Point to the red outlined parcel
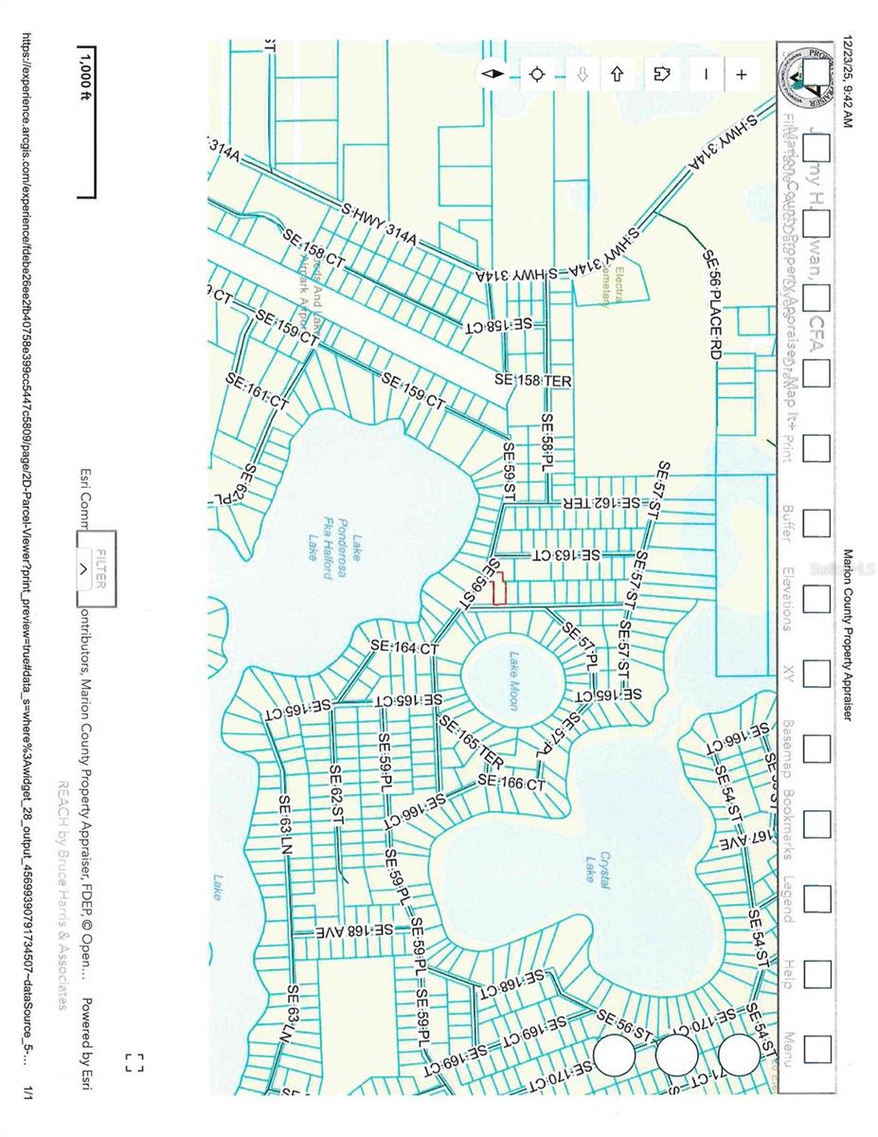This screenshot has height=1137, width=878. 502,589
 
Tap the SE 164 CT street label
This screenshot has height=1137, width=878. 404,648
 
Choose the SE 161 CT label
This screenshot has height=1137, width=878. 257,390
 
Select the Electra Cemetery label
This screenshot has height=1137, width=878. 613,287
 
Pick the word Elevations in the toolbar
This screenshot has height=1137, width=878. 787,598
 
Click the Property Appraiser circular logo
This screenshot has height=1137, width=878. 806,81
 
